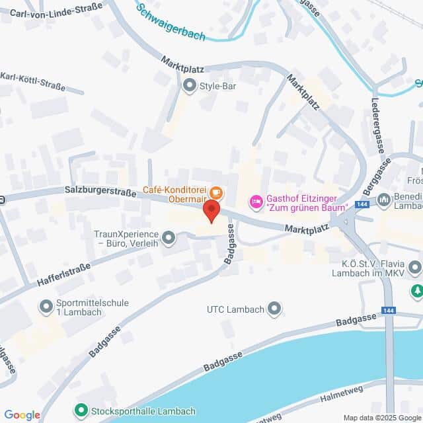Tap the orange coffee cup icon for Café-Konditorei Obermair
tap(216, 193)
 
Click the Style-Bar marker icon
tap(190, 85)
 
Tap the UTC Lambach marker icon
tap(275, 309)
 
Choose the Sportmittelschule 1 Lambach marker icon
tap(46, 307)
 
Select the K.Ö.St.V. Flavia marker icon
tap(414, 268)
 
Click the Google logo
tap(22, 414)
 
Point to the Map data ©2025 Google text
tap(382, 418)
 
